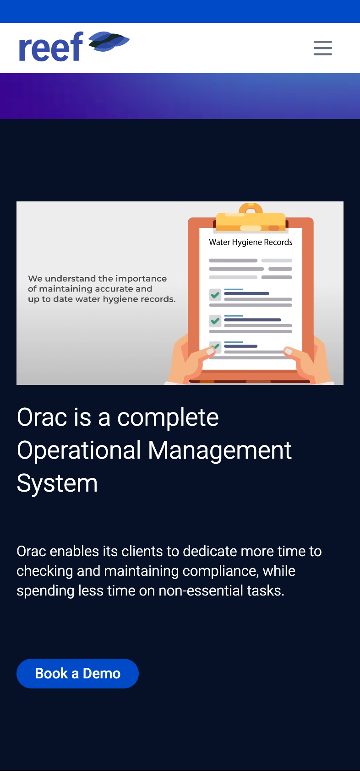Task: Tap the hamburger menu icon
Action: tap(323, 48)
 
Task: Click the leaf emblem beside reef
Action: tap(109, 42)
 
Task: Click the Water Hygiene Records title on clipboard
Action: tap(251, 242)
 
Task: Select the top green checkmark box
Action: tap(215, 295)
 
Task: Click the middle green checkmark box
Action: tap(215, 321)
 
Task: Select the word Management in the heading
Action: tap(219, 450)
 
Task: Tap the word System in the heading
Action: tap(57, 483)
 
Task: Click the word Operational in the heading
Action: tap(79, 450)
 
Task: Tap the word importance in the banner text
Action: tap(141, 279)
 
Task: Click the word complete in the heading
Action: tap(168, 418)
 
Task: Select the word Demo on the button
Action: tap(102, 673)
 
